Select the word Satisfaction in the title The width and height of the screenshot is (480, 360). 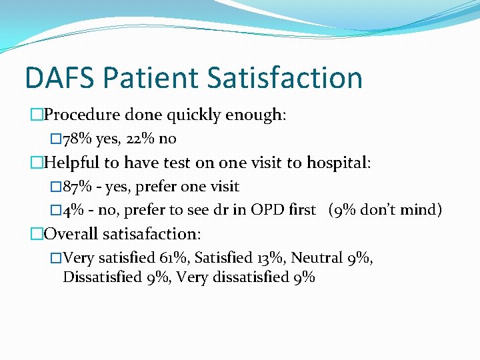coord(285,77)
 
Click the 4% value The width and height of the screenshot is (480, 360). coord(73,210)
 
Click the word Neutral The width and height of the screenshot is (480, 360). coord(315,258)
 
